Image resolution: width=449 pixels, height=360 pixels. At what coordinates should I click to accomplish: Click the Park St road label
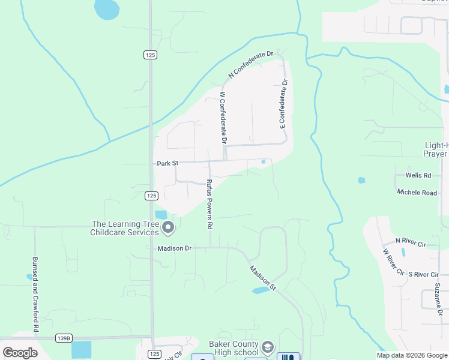pyautogui.click(x=167, y=163)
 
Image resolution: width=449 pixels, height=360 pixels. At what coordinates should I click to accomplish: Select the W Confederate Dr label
pyautogui.click(x=223, y=118)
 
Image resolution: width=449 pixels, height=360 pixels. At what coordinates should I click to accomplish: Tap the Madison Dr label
pyautogui.click(x=174, y=248)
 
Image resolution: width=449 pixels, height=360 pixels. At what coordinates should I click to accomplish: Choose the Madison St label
pyautogui.click(x=262, y=278)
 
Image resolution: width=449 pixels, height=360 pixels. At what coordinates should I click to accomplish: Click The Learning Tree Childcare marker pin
pyautogui.click(x=168, y=227)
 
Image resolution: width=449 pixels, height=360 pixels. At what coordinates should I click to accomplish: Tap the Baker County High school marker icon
pyautogui.click(x=268, y=347)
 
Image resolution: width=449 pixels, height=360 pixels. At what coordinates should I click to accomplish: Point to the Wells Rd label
pyautogui.click(x=418, y=175)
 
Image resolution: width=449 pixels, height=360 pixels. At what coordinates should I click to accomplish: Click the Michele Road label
pyautogui.click(x=417, y=193)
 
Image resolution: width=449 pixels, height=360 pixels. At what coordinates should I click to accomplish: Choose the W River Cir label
pyautogui.click(x=394, y=262)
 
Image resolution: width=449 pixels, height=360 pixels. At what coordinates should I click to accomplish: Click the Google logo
pyautogui.click(x=20, y=353)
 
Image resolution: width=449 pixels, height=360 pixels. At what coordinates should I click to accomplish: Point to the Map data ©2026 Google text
pyautogui.click(x=411, y=355)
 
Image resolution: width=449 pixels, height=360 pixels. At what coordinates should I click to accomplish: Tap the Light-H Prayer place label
pyautogui.click(x=435, y=149)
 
